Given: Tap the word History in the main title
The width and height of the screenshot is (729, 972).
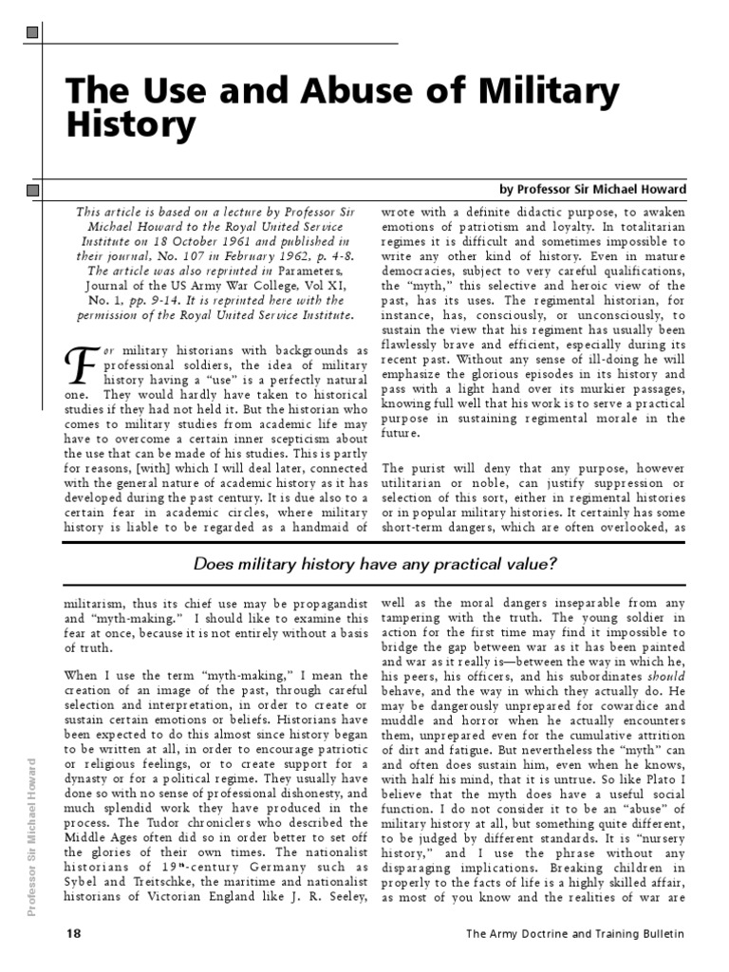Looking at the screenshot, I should click(130, 123).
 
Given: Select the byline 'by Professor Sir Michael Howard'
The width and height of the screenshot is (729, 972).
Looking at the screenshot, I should click(592, 190).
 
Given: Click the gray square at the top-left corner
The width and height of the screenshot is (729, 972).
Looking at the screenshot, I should click(33, 34).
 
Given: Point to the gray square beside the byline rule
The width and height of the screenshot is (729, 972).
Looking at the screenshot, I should click(33, 191).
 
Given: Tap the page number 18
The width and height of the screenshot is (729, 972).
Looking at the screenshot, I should click(73, 933).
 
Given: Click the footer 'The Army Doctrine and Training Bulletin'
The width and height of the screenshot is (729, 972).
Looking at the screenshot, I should click(574, 934).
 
